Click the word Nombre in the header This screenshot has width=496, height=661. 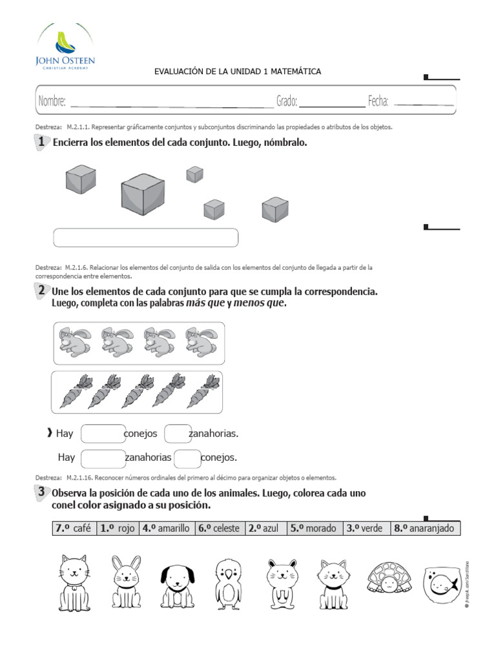(52, 101)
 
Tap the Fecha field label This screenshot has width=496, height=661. (378, 101)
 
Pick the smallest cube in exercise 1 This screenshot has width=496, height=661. (194, 174)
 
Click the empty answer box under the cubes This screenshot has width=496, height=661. (145, 238)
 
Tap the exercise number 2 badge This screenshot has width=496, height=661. (41, 291)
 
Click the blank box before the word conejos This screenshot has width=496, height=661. (103, 434)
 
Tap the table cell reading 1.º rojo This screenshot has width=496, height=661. (117, 529)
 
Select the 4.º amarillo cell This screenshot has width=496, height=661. (166, 529)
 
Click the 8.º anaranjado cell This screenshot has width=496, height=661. (426, 529)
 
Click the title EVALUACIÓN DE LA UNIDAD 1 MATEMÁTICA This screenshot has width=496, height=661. (237, 72)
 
